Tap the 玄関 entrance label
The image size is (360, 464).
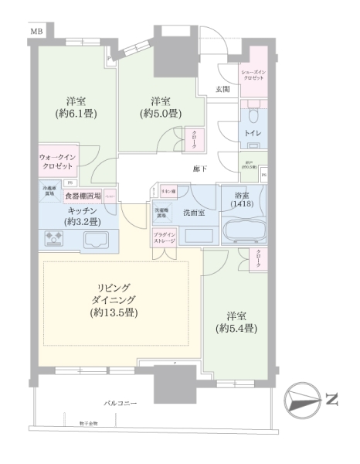coord(222,90)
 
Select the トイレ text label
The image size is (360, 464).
coord(253,132)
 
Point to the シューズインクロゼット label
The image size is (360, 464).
coord(253,75)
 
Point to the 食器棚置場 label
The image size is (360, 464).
coord(83,196)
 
